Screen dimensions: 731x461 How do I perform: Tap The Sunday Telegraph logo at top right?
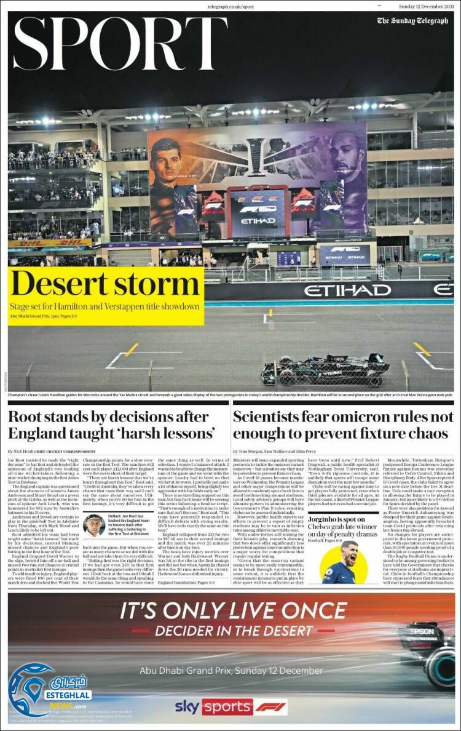[412, 21]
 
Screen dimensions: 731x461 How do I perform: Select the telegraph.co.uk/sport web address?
[230, 6]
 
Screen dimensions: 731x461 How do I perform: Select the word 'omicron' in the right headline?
[351, 417]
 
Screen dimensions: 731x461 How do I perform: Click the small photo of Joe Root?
[94, 526]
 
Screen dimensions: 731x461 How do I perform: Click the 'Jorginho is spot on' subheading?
[340, 520]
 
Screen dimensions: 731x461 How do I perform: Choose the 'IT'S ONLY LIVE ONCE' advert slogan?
[233, 611]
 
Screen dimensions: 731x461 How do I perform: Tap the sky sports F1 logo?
[231, 706]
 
